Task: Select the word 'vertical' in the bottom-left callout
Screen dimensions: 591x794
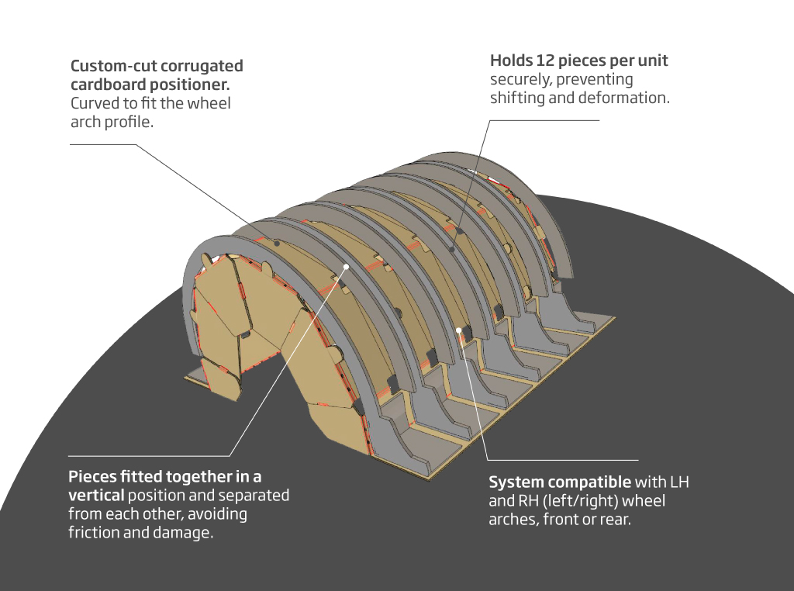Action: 95,495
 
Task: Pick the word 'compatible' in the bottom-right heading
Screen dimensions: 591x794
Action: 592,482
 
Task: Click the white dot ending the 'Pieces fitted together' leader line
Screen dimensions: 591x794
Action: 347,266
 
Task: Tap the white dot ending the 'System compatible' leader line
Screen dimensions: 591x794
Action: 459,330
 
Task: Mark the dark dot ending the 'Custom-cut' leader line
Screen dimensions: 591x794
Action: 278,242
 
